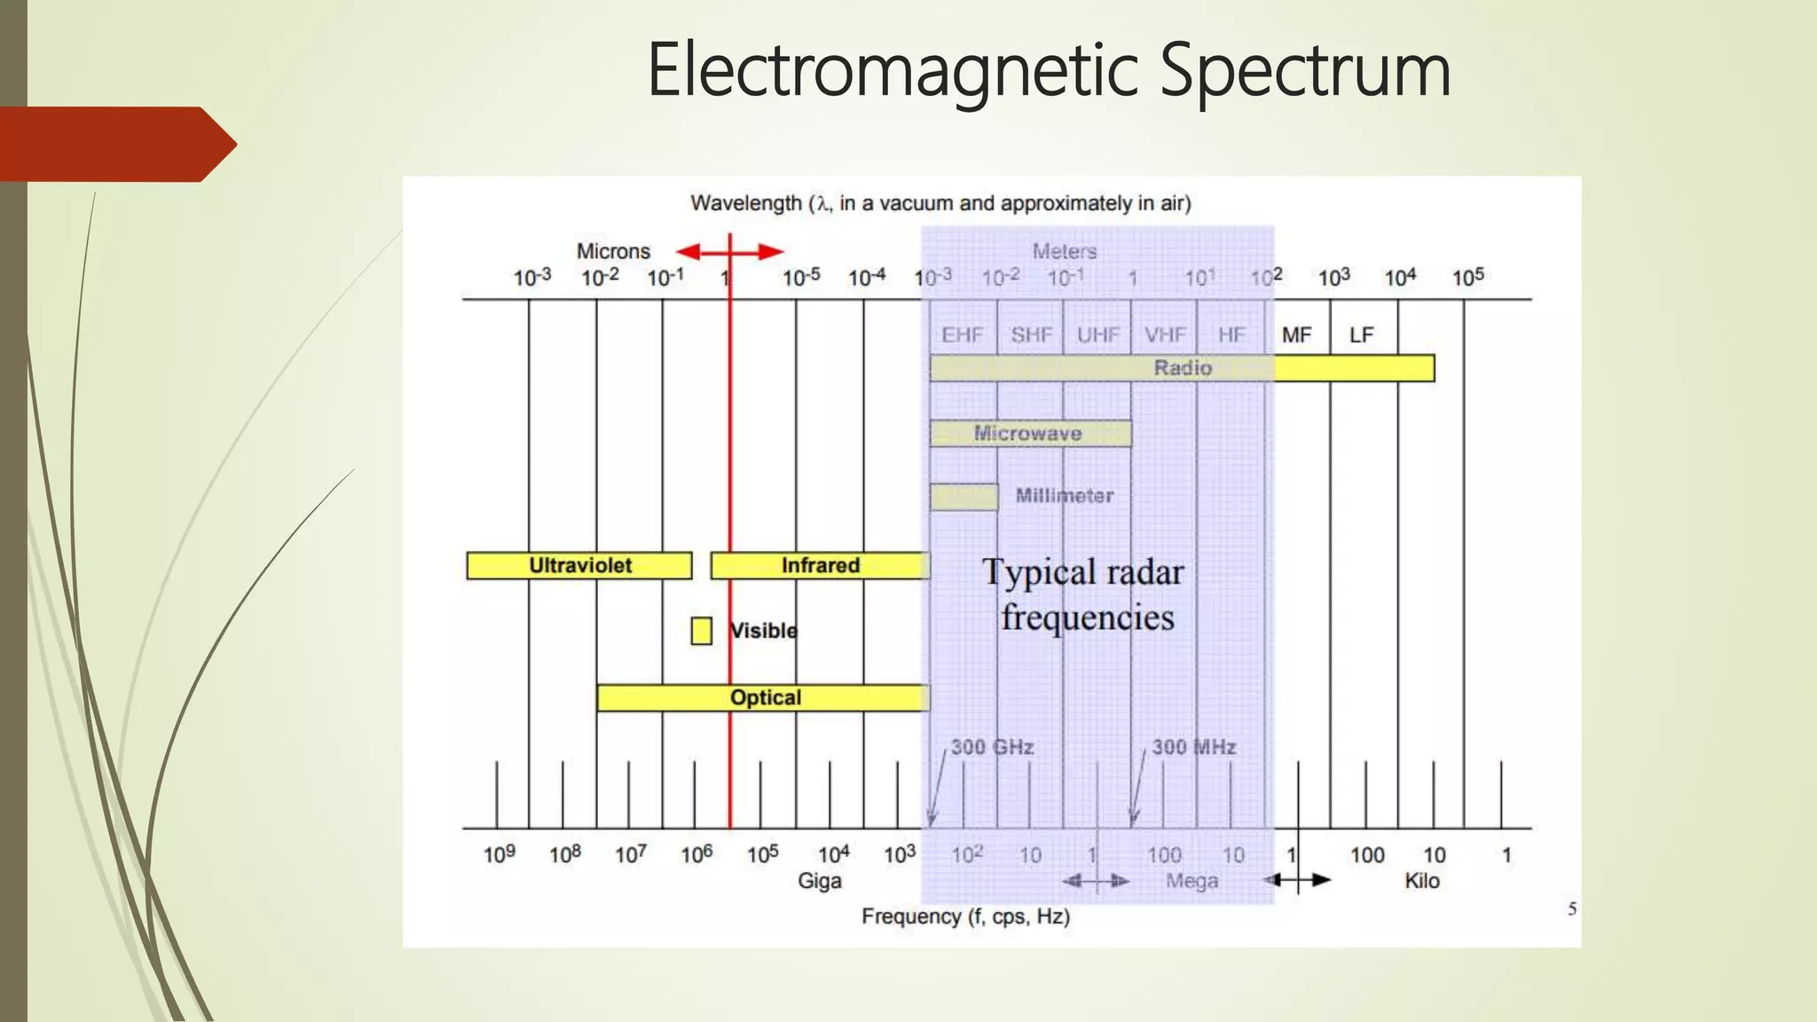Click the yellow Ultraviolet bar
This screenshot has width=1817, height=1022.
579,565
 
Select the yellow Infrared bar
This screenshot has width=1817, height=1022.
820,565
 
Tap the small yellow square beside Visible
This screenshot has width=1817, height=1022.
701,631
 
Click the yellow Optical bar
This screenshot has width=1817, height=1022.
764,697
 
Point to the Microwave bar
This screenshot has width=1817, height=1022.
1030,433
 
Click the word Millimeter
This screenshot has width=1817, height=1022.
1064,496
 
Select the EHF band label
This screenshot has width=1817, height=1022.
963,334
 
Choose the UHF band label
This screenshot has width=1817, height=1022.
1097,334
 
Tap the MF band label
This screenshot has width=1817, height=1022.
1296,334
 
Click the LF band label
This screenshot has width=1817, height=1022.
1361,334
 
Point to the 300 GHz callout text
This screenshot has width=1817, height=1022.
992,747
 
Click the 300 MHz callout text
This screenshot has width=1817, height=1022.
1193,747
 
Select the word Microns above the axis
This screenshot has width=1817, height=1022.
613,251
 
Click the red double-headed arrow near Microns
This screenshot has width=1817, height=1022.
730,252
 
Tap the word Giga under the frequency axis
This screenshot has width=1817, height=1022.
819,881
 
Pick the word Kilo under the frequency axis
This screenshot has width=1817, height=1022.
1421,881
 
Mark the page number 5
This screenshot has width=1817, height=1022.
1572,908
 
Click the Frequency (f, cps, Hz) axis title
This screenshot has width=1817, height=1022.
965,916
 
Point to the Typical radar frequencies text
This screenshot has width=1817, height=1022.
1084,594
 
